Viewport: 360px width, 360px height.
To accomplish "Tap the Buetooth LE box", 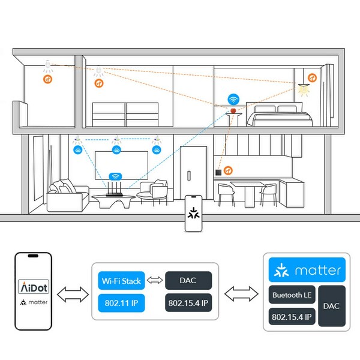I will coord(290,295).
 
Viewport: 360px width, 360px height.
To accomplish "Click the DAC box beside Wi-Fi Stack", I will coord(188,280).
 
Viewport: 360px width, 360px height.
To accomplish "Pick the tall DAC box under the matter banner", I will coord(331,306).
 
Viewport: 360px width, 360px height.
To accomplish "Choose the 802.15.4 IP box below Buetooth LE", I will coord(290,317).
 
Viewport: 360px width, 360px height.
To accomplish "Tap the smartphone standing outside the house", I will coord(193,214).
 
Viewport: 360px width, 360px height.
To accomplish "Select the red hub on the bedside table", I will coord(233,110).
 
